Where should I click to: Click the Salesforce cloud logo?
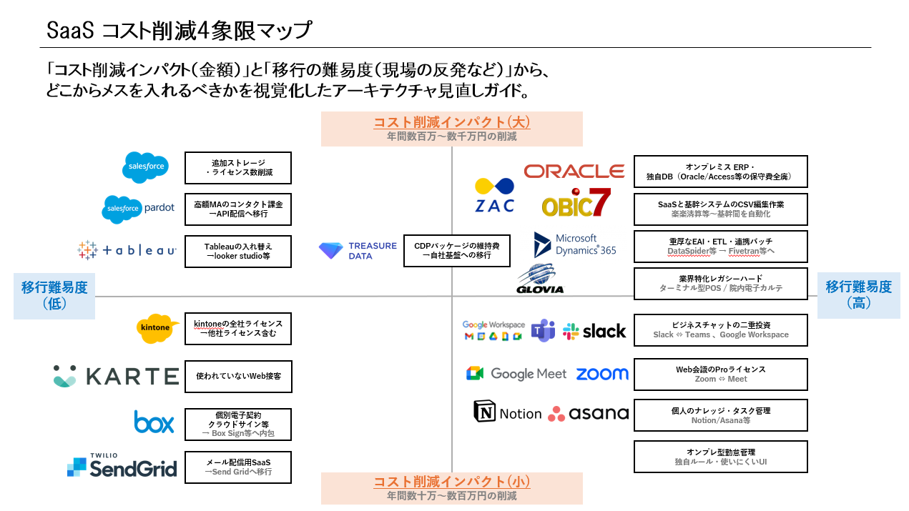[x=146, y=167]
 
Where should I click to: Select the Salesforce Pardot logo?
[x=138, y=209]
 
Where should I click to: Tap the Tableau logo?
[x=127, y=250]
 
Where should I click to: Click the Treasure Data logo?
[x=358, y=251]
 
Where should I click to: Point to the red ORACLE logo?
[x=574, y=172]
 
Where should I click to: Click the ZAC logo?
[x=494, y=195]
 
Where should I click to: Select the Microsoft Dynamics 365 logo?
[x=574, y=245]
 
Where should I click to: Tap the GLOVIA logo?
[x=541, y=280]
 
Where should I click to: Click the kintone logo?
[x=157, y=328]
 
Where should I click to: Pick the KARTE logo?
[x=116, y=376]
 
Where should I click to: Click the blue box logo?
[x=154, y=422]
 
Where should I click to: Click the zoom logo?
[x=602, y=374]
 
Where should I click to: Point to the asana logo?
[x=588, y=414]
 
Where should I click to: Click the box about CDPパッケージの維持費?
[x=452, y=251]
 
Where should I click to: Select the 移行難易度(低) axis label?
[x=54, y=295]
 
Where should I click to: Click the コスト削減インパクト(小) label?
[x=451, y=488]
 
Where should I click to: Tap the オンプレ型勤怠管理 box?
[x=720, y=457]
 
